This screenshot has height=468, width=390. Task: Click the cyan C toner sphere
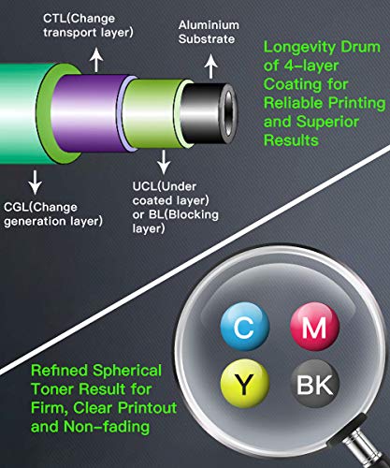tap(245, 327)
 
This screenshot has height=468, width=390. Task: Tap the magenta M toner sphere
tap(314, 327)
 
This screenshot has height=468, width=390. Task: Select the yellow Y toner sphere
tap(245, 384)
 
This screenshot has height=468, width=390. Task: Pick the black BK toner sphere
tap(314, 384)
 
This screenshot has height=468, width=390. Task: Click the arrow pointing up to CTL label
tap(97, 60)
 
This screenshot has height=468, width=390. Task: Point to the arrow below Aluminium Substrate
tap(211, 66)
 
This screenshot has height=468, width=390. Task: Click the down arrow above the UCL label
tap(164, 162)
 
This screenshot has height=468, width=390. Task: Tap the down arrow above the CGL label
tap(35, 183)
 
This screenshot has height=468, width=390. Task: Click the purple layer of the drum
tap(91, 113)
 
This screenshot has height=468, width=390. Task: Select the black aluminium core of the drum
tap(203, 113)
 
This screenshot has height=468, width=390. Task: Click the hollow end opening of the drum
tap(230, 113)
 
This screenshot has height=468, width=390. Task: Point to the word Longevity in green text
tap(299, 48)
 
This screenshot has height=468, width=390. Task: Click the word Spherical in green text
tap(127, 372)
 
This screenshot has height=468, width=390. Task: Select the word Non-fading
tap(107, 427)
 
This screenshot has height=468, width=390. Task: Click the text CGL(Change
tap(40, 208)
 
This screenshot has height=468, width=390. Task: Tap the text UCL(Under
tap(165, 186)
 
